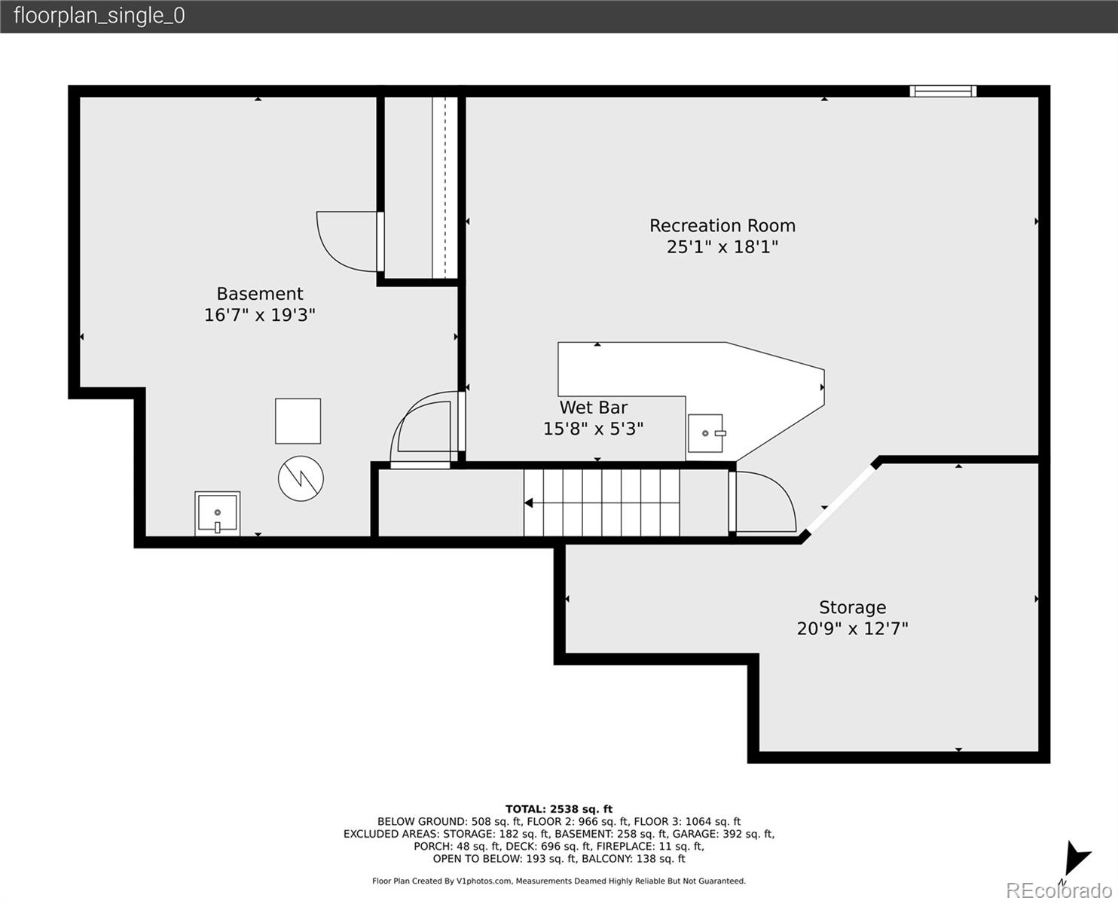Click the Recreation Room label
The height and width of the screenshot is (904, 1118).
[x=722, y=226]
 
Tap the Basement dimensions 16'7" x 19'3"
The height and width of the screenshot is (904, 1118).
[x=259, y=315]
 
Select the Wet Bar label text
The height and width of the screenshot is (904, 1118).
[x=593, y=408]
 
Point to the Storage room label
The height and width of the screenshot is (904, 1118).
[x=852, y=607]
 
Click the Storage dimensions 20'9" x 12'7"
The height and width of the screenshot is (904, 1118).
[x=852, y=628]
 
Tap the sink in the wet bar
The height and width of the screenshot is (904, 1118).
[x=705, y=433]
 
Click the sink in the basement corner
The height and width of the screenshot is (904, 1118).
[x=217, y=514]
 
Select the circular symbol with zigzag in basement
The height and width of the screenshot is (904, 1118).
[x=301, y=478]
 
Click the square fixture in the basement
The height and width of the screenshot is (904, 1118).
[x=298, y=421]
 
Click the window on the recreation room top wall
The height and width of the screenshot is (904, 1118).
[x=942, y=91]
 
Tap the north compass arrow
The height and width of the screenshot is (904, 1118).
[x=1075, y=860]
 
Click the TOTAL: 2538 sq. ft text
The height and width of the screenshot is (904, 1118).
[x=558, y=809]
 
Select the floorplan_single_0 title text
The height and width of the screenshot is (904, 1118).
[x=99, y=16]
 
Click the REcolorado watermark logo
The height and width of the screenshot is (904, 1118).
[x=1058, y=890]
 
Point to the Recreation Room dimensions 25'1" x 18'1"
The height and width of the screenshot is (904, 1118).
[x=722, y=247]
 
